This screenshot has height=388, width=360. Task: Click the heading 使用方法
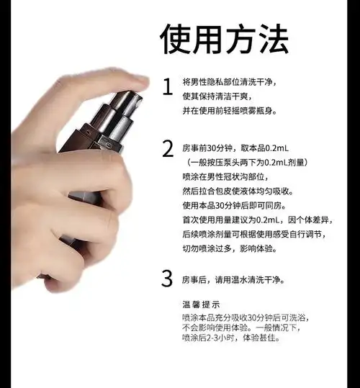click(x=224, y=37)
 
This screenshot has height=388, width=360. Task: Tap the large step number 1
click(x=167, y=87)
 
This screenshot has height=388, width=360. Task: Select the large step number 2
click(x=167, y=149)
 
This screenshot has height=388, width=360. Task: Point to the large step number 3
click(x=167, y=278)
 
